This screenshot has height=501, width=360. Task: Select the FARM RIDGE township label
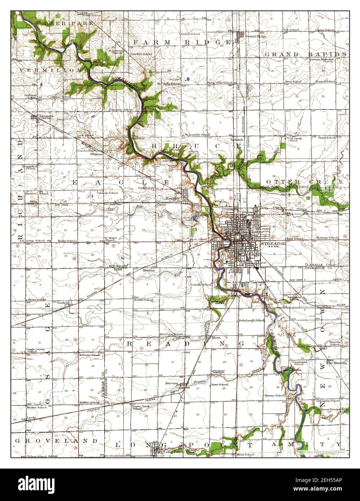click(x=181, y=43)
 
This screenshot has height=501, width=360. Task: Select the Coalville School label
click(x=201, y=284)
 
